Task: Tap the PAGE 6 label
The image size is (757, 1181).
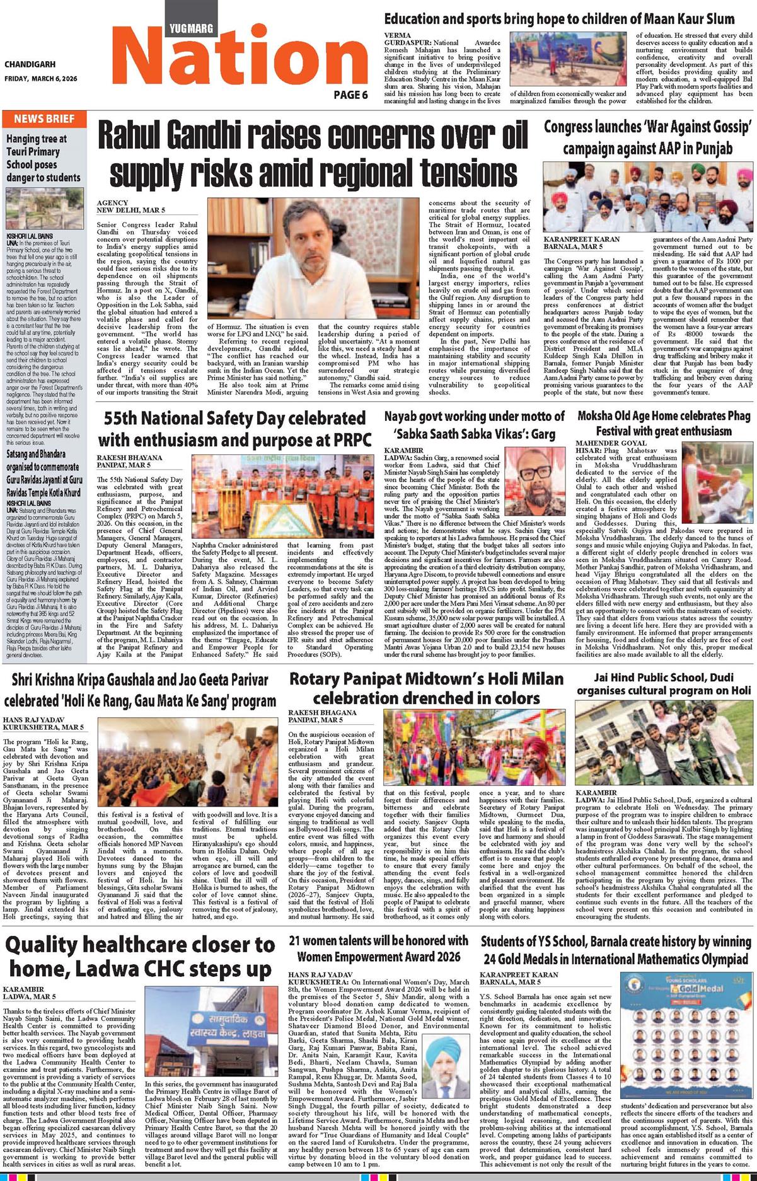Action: point(350,95)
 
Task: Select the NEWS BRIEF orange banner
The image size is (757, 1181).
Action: point(44,118)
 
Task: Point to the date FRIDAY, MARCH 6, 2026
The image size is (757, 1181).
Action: point(40,79)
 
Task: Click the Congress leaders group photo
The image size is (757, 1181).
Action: point(648,197)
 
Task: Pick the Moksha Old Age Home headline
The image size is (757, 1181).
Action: point(664,423)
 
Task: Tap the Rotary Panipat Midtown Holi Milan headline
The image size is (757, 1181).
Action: point(426,689)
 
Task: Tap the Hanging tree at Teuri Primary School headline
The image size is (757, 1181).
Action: point(43,158)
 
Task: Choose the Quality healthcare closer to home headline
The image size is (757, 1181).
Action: point(140,956)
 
